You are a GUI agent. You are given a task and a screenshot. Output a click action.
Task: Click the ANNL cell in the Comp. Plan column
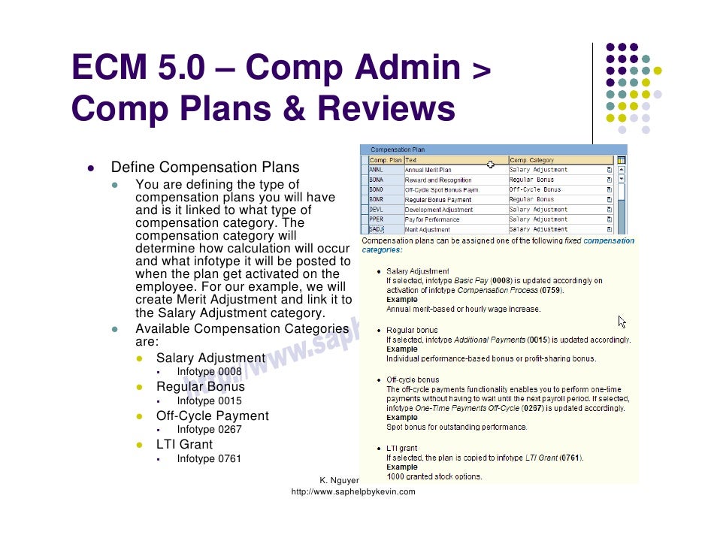click(376, 170)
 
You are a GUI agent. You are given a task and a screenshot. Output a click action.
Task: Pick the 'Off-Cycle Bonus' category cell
click(534, 190)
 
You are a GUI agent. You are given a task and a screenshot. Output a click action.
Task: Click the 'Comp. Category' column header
click(532, 160)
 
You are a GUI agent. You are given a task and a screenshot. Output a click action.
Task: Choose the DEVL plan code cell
click(376, 210)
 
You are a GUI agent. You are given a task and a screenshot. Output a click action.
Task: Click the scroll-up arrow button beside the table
click(622, 170)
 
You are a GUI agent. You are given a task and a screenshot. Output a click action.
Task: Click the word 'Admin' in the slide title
click(406, 69)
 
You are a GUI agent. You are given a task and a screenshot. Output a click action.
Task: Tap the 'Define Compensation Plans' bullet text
click(204, 168)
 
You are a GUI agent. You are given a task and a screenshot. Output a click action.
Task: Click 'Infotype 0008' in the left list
click(209, 372)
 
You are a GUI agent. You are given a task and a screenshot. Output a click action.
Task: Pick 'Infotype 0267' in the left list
click(209, 430)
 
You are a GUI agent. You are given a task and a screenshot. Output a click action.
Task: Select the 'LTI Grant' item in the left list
click(184, 444)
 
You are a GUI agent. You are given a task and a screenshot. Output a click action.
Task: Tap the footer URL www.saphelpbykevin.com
click(352, 491)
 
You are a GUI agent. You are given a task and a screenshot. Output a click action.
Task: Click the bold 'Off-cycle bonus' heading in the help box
click(413, 380)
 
